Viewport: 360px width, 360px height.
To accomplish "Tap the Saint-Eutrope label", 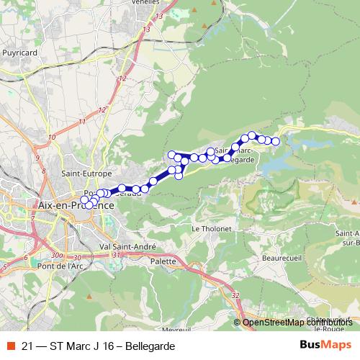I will [x=86, y=174].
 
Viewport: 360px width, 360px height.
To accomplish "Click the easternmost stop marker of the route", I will [x=275, y=141].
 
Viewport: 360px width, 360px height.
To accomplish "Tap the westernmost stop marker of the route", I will [x=84, y=200].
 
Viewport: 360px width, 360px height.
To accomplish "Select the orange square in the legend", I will [x=10, y=346].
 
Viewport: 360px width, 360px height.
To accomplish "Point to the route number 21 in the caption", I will [x=27, y=346].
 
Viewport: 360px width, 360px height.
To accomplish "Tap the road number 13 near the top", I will [x=147, y=28].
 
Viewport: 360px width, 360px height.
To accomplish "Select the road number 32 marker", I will [x=236, y=294].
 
